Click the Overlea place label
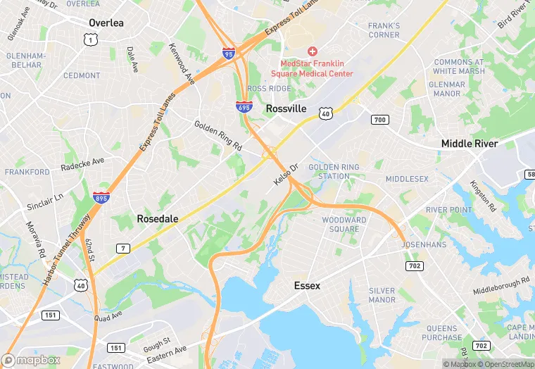[106, 23]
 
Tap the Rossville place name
[287, 109]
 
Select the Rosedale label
[157, 219]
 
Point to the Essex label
[307, 286]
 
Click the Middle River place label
[469, 144]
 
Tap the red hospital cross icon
[313, 51]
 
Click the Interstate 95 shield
[228, 53]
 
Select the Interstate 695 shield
[243, 106]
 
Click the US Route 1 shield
[89, 40]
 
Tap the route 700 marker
[379, 120]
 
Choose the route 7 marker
[122, 248]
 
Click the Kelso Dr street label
[287, 175]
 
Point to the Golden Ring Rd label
[218, 135]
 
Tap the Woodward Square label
[344, 224]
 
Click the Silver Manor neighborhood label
[382, 294]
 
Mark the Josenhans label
[424, 245]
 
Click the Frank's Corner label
[384, 30]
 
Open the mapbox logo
[32, 360]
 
